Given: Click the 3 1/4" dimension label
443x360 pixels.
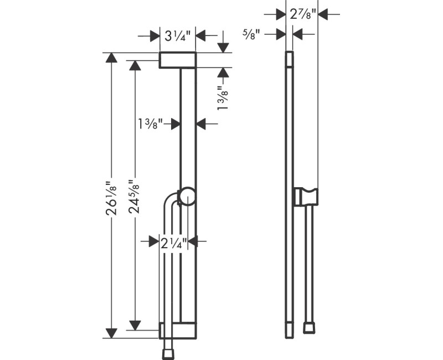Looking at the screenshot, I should click(178, 37).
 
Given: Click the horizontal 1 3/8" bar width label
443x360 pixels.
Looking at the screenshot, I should click(151, 124).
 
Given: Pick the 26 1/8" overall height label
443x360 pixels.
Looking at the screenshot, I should click(112, 197).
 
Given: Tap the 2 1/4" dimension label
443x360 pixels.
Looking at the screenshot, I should click(173, 241).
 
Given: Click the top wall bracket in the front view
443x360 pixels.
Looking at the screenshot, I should click(177, 60).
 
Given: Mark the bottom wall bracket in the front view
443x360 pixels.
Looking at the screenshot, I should click(177, 331).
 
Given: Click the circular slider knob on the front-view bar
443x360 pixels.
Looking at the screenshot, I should click(187, 197).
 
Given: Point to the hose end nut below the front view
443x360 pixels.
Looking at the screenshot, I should click(167, 353).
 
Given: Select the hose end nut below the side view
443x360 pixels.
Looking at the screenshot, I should click(309, 328).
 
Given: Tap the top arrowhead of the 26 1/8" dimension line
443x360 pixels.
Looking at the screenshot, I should click(112, 58).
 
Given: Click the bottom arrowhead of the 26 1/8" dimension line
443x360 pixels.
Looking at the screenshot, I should click(112, 333).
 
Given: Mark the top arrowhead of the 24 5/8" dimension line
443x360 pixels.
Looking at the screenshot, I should click(134, 66).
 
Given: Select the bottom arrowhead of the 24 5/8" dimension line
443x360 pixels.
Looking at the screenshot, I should click(134, 325).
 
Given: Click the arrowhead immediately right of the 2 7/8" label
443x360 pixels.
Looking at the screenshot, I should click(322, 14).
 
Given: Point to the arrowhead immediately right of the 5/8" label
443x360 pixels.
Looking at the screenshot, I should click(296, 34).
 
